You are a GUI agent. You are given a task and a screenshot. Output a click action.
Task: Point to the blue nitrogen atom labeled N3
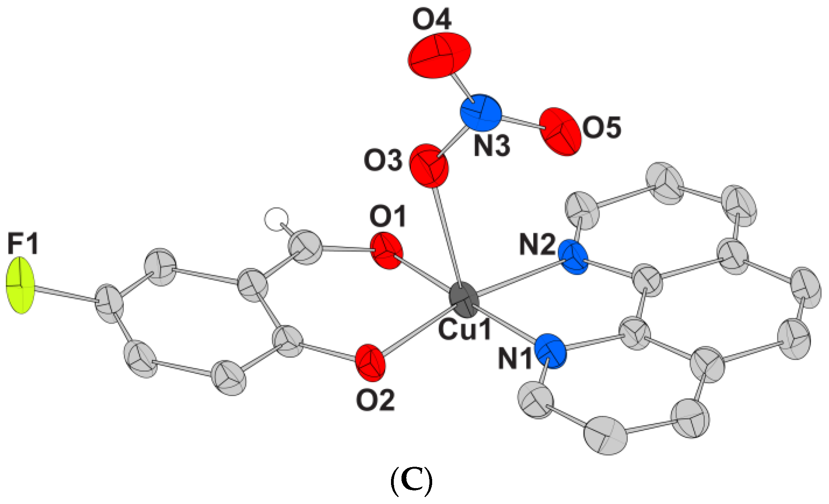(x=480, y=113)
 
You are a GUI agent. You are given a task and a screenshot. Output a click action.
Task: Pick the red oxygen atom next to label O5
(x=560, y=132)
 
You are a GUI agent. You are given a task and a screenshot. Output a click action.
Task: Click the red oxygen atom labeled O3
(x=429, y=166)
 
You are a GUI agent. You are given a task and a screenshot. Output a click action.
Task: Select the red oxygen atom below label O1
(x=386, y=251)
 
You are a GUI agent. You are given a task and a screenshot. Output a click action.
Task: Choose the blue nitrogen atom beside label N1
(x=550, y=351)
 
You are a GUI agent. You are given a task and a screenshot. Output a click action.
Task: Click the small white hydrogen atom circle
(x=276, y=219)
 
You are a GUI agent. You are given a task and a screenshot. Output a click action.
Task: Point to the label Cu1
(x=464, y=330)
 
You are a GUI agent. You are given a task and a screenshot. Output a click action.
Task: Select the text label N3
(x=492, y=147)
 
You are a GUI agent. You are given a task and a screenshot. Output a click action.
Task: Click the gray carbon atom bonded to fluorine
(x=109, y=303)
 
